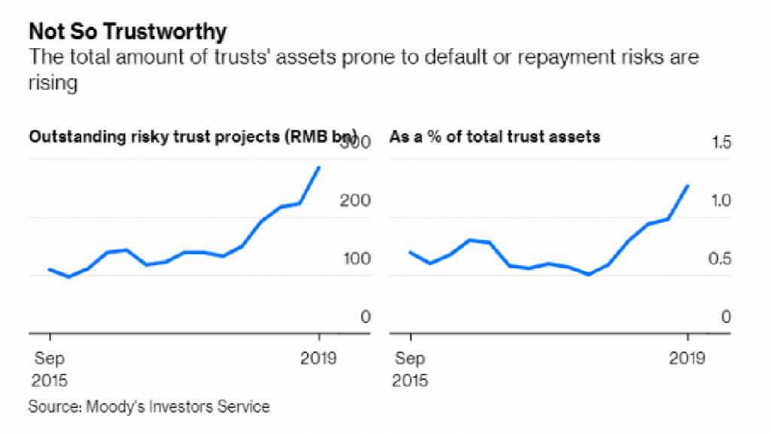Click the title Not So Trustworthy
(127, 32)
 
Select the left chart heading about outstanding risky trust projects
(193, 138)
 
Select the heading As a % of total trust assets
(495, 138)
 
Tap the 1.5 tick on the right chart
(721, 143)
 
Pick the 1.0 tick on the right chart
(721, 201)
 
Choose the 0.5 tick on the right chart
(721, 259)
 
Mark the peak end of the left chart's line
(320, 167)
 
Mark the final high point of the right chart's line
(687, 186)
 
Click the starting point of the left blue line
(50, 269)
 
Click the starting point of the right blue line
(410, 252)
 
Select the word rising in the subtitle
(53, 83)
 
